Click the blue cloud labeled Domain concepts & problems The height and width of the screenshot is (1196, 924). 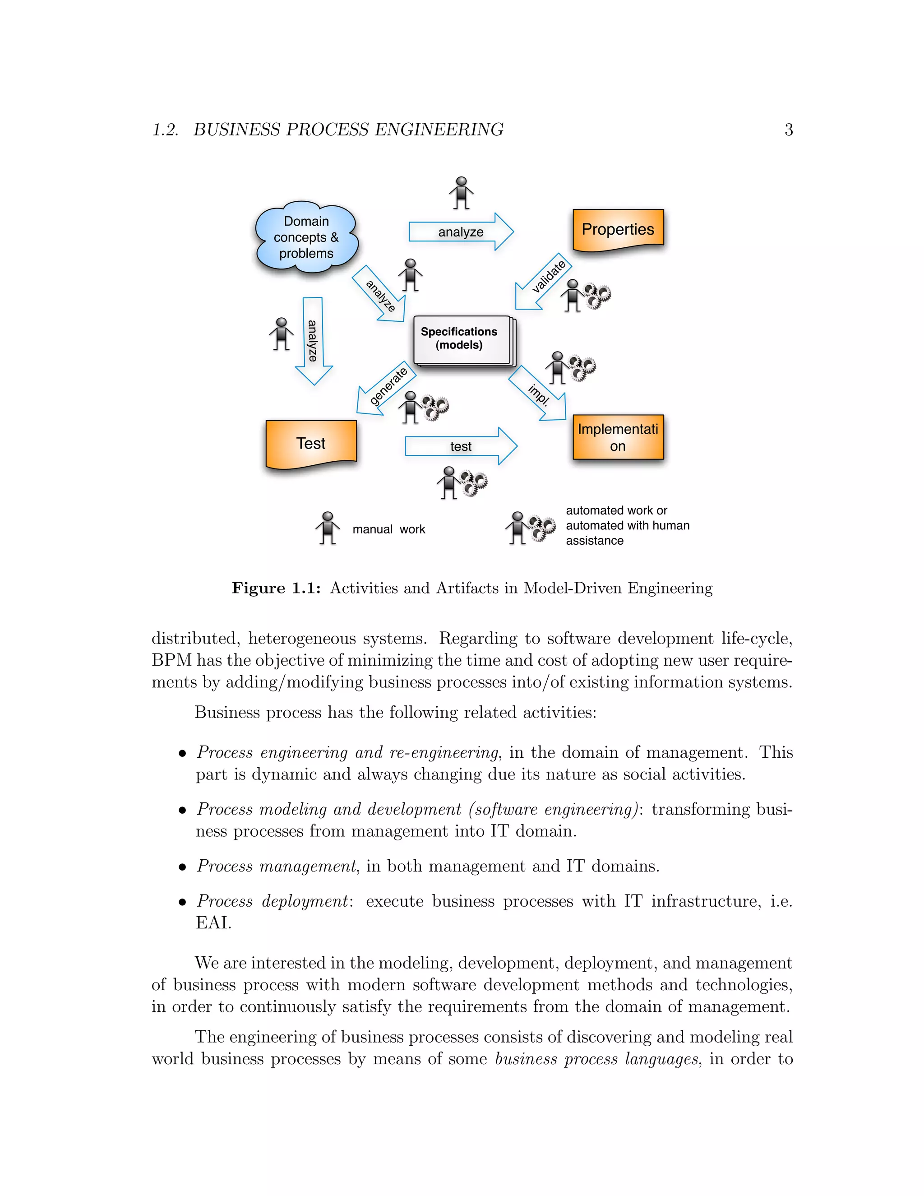[306, 238]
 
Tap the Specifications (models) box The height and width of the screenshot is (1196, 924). [462, 339]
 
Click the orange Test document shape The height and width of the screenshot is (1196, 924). [310, 443]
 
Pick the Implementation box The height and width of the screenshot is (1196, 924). [618, 437]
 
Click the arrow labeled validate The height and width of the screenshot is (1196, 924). [544, 280]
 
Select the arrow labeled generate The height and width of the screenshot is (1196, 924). [387, 388]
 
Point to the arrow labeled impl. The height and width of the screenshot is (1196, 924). [537, 393]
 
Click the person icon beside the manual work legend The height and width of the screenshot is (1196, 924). [328, 528]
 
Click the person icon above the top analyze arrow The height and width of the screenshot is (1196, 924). [462, 193]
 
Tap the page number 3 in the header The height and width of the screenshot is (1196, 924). [788, 130]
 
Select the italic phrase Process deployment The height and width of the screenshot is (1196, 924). [273, 901]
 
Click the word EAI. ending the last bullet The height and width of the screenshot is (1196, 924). [213, 923]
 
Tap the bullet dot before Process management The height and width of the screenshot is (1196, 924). [183, 867]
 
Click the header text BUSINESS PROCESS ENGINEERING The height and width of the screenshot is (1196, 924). [348, 130]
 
